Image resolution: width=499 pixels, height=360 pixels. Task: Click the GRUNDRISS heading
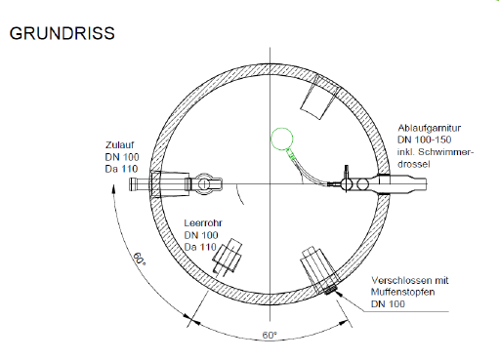click(x=62, y=33)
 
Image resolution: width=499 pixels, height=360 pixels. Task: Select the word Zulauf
click(x=119, y=144)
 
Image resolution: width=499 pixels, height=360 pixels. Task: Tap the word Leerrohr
click(x=203, y=223)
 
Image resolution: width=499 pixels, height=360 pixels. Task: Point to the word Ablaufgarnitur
click(x=430, y=128)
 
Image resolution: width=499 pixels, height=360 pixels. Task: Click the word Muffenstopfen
click(x=403, y=292)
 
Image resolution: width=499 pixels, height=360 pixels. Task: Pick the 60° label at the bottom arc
click(x=270, y=335)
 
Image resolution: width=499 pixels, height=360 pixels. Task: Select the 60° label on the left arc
click(x=139, y=259)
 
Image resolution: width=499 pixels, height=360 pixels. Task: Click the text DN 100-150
click(x=424, y=140)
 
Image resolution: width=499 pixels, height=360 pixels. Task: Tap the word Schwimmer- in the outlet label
click(x=446, y=152)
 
